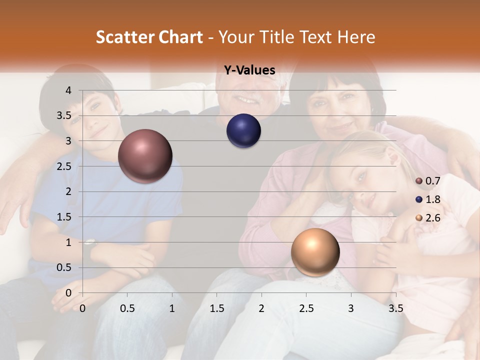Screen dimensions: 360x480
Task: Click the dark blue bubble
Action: (x=243, y=131)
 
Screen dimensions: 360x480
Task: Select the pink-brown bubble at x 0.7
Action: (x=145, y=156)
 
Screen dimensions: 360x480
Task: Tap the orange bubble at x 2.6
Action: (x=315, y=252)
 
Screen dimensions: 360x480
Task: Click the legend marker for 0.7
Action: (x=419, y=181)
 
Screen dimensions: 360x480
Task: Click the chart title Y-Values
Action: (x=249, y=70)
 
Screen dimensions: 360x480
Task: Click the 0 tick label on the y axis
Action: (x=68, y=293)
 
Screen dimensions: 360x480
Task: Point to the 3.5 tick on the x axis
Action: (x=395, y=308)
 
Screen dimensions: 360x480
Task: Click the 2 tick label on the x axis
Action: (x=261, y=308)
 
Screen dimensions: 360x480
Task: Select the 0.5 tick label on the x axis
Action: (x=127, y=308)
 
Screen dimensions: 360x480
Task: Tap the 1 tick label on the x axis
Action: (x=172, y=308)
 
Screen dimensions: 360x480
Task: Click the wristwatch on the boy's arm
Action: (x=90, y=243)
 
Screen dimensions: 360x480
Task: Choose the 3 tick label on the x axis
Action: (x=351, y=308)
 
